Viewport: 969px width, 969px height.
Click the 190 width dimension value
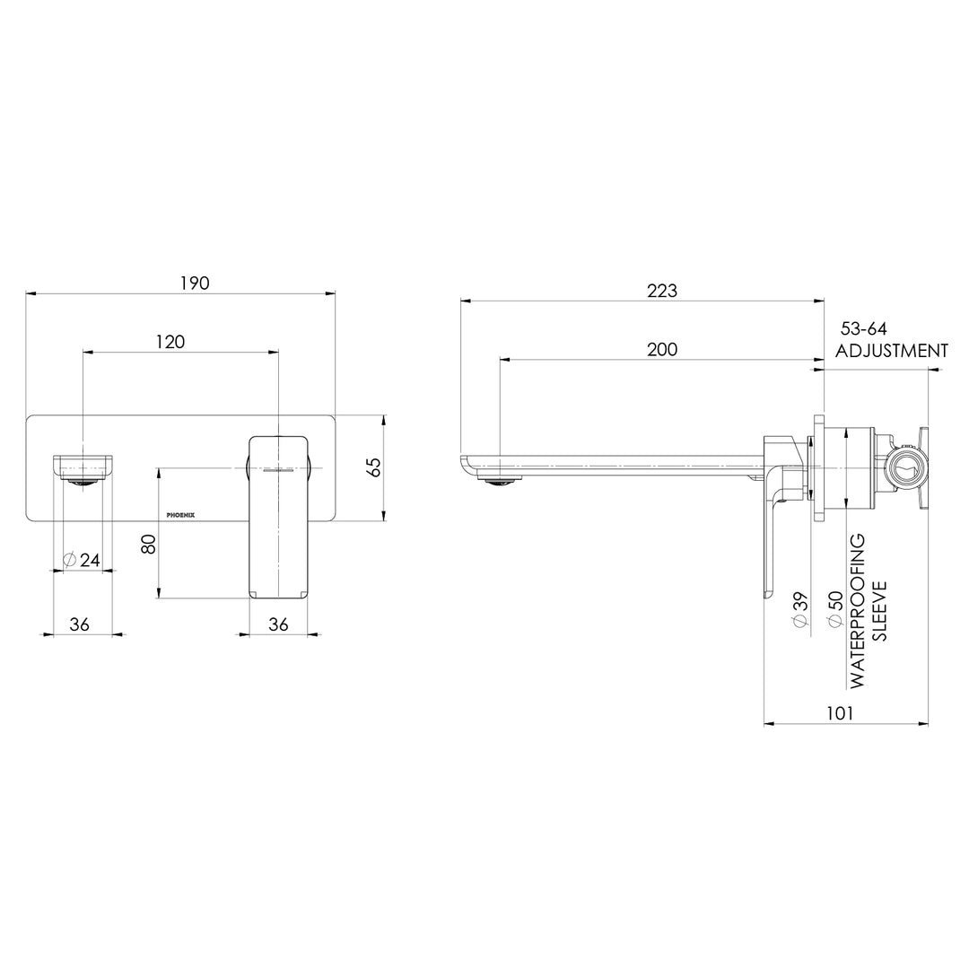(195, 284)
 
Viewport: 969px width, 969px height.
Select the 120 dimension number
(170, 342)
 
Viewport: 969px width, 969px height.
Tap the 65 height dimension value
(374, 467)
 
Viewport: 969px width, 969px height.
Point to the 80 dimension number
(149, 544)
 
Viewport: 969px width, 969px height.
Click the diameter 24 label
(82, 560)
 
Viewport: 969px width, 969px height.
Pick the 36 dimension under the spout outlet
(79, 624)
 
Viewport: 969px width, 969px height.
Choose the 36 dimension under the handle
(278, 624)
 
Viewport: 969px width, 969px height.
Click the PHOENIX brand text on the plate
(187, 515)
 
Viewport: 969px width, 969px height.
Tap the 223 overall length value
(662, 291)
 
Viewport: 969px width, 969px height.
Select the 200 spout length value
(662, 350)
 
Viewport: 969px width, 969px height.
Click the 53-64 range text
(864, 329)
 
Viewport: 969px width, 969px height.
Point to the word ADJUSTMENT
(891, 351)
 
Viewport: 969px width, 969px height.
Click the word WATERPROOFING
(859, 611)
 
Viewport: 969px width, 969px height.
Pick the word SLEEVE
(880, 611)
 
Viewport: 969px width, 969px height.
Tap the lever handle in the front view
(278, 516)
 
